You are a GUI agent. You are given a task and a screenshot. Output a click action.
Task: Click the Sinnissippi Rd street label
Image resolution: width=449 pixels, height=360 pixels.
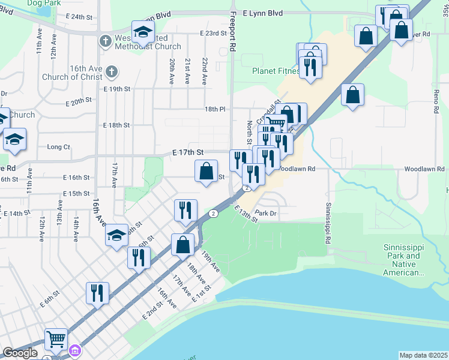click(328, 222)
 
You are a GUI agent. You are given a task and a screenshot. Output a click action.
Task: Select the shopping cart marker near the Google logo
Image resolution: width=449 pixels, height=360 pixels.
click(56, 340)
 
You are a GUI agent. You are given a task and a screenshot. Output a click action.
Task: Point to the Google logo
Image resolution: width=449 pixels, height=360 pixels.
click(20, 353)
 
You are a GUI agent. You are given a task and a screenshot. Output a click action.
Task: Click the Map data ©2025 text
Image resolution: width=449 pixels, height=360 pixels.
click(423, 355)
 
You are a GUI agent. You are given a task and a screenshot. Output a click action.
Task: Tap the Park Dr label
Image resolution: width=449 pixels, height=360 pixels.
click(265, 213)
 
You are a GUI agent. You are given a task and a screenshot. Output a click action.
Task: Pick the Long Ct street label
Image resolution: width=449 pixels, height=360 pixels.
click(58, 147)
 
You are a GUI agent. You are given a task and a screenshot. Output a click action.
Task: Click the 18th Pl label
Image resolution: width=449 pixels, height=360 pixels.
click(214, 110)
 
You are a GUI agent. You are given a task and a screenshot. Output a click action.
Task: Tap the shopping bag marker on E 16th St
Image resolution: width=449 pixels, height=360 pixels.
click(206, 172)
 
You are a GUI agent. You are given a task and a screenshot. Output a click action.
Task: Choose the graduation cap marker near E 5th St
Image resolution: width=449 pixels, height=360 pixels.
click(116, 235)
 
